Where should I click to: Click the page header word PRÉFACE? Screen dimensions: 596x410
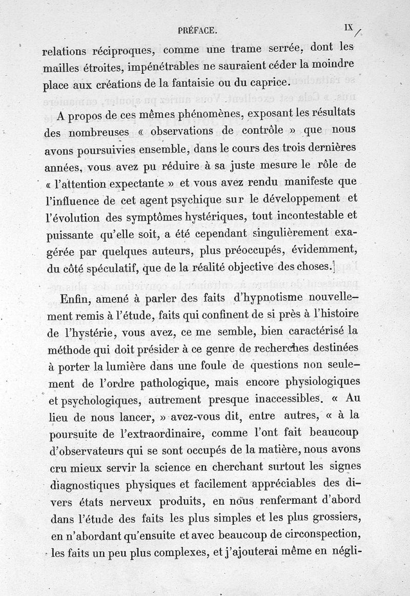(x=198, y=31)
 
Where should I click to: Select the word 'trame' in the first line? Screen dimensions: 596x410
(x=245, y=50)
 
